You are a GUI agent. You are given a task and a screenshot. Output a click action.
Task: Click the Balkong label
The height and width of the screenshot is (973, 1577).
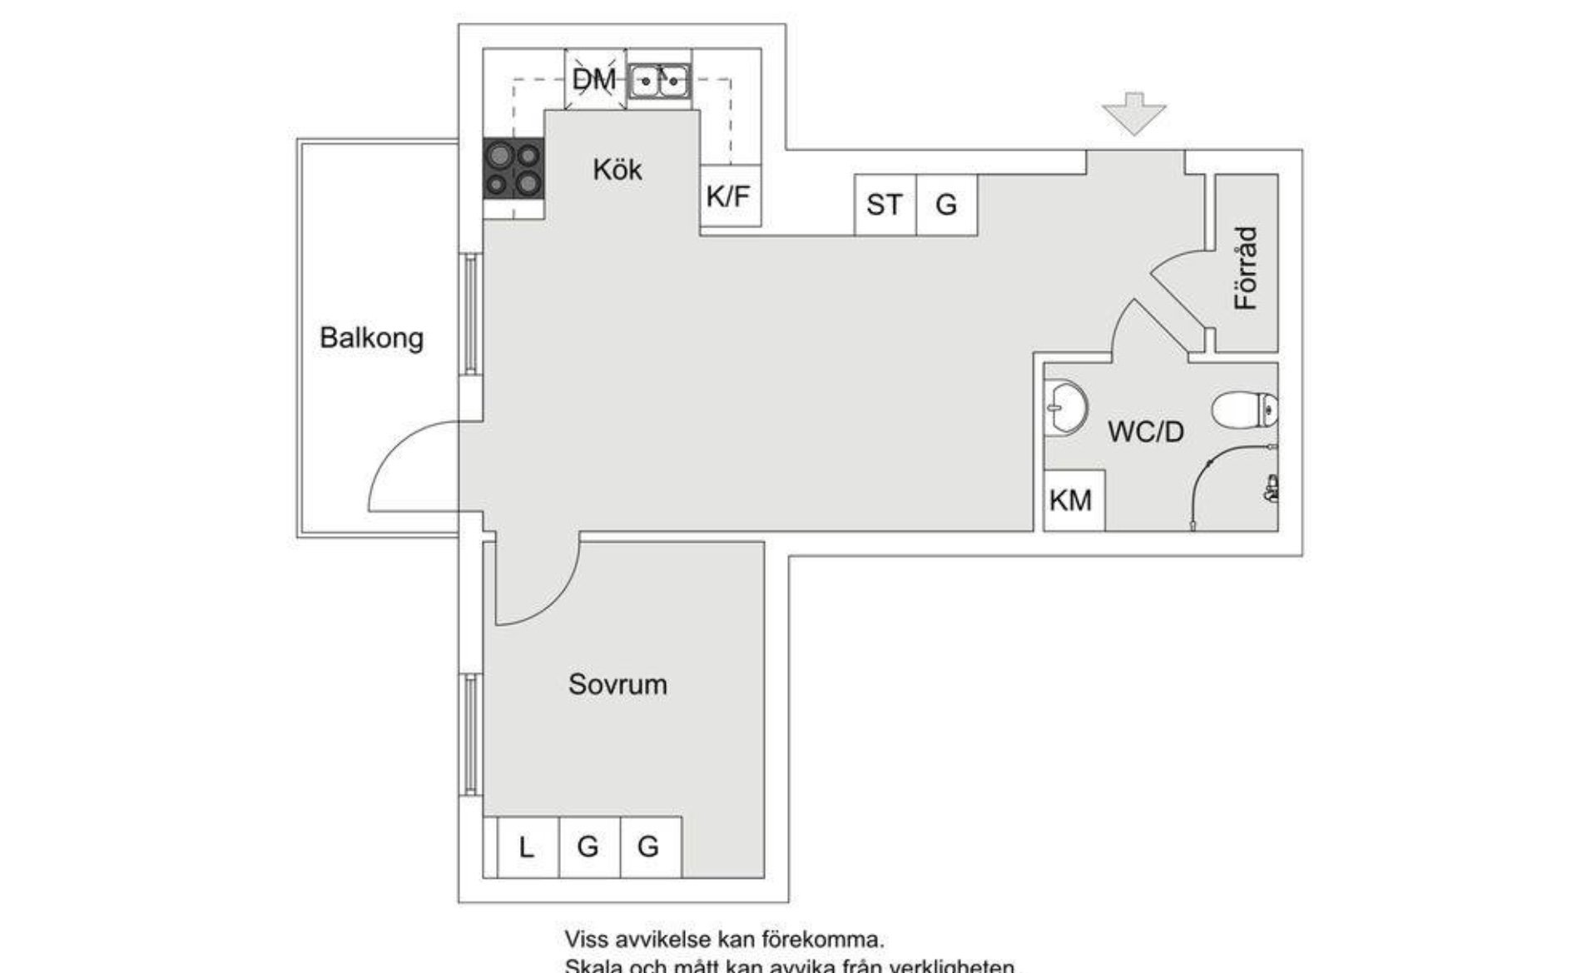point(371,338)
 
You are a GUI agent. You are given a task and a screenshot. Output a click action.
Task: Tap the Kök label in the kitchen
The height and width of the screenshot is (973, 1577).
point(617,170)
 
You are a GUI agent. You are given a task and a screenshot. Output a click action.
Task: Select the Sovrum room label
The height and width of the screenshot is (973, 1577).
point(617,684)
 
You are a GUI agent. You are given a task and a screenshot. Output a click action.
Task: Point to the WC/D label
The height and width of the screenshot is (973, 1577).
point(1145,431)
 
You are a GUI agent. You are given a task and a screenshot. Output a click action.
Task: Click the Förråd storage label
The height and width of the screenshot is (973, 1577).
point(1245,268)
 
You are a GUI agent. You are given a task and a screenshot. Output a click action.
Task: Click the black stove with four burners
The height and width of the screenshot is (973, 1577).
point(513,168)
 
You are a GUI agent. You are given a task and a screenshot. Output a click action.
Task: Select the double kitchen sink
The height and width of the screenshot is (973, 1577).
point(659,81)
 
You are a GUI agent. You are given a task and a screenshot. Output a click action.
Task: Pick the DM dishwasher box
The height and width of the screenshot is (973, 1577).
point(594,80)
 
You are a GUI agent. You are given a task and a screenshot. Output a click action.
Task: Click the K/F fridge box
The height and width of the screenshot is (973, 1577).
point(729,196)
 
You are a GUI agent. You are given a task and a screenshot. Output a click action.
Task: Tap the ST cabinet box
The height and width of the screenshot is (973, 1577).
point(884,205)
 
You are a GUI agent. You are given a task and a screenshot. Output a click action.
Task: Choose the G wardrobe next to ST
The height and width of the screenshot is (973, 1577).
point(946,205)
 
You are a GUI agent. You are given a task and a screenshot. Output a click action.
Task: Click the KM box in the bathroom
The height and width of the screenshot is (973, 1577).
point(1072,500)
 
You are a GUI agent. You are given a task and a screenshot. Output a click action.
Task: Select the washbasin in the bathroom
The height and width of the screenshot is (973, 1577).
point(1065,408)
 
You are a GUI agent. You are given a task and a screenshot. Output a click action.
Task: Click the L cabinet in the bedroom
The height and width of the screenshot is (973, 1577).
point(526,847)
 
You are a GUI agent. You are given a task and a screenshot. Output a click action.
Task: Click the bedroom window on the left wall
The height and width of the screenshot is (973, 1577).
point(471,734)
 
